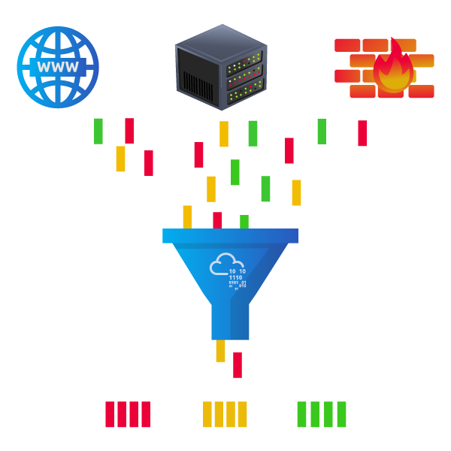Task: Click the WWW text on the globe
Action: point(58,67)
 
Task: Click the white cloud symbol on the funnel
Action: point(222,265)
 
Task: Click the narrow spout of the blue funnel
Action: point(230,319)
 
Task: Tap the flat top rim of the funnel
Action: point(230,236)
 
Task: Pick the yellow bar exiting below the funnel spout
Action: point(220,351)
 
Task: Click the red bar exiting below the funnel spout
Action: point(238,365)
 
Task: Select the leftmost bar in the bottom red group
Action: point(110,414)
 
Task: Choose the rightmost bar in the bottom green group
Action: point(341,414)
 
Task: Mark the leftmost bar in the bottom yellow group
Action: point(207,414)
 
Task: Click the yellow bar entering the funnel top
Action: point(187,216)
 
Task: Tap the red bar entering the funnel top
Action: point(217,220)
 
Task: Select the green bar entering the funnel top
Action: point(244,222)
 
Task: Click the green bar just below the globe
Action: point(98,131)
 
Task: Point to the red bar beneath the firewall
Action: point(362,133)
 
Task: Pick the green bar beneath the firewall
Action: point(322,132)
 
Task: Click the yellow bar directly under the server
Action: point(224,134)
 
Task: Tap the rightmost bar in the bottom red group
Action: point(146,414)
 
